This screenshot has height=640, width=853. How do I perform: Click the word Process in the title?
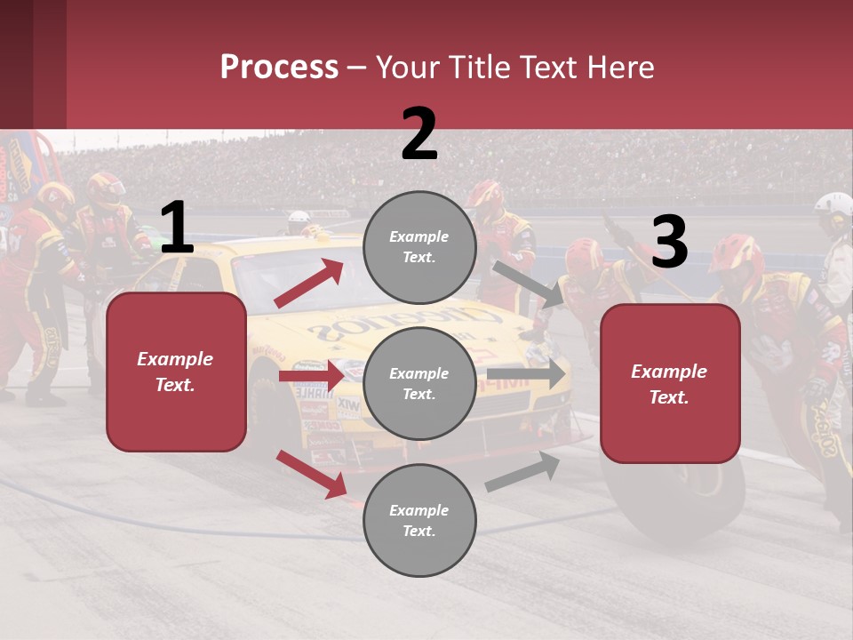(x=279, y=68)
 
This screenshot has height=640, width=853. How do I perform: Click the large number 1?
(x=177, y=228)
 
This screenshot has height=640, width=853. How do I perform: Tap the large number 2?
(x=419, y=134)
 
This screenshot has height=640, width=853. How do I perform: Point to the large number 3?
(x=669, y=243)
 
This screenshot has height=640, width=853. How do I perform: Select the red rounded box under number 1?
(x=176, y=372)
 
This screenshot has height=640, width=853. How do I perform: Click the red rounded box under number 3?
(x=670, y=383)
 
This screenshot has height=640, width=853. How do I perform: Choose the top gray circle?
(x=419, y=247)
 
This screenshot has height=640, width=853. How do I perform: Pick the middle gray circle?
(x=419, y=383)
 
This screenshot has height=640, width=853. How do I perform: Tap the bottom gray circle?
(x=419, y=520)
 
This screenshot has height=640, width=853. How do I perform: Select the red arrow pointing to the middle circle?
(x=311, y=376)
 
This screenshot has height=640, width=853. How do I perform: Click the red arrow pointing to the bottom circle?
(x=311, y=473)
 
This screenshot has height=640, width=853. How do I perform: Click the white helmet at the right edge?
(x=835, y=209)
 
